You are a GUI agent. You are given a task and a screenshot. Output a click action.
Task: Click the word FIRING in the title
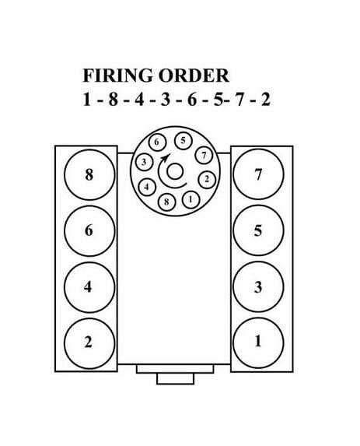(117, 76)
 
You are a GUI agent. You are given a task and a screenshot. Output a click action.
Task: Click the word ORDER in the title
(194, 76)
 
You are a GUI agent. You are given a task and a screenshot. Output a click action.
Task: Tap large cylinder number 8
(89, 174)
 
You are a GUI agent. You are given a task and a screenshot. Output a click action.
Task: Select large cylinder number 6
(89, 230)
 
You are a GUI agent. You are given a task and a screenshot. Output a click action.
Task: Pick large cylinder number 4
(89, 286)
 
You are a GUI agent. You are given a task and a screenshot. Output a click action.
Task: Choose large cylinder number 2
(89, 343)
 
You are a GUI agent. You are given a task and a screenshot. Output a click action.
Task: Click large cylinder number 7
(258, 174)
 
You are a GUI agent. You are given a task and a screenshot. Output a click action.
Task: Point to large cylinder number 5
(258, 230)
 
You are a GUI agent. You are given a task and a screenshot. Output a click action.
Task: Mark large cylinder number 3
(258, 286)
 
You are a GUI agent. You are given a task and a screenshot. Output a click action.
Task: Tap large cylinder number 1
(258, 342)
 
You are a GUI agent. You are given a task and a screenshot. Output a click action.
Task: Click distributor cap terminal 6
(156, 142)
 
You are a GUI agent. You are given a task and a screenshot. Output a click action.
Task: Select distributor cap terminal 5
(183, 141)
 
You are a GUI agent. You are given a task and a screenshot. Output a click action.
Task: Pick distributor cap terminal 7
(204, 156)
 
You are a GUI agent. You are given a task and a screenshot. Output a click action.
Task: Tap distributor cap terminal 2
(207, 179)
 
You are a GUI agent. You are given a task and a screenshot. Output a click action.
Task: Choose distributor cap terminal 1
(190, 199)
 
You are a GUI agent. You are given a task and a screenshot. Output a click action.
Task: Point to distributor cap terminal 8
(166, 202)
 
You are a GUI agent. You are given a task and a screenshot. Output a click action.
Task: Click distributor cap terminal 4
(147, 187)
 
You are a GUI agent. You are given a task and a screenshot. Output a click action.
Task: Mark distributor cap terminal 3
(145, 163)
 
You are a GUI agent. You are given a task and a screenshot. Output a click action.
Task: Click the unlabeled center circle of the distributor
(175, 172)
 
